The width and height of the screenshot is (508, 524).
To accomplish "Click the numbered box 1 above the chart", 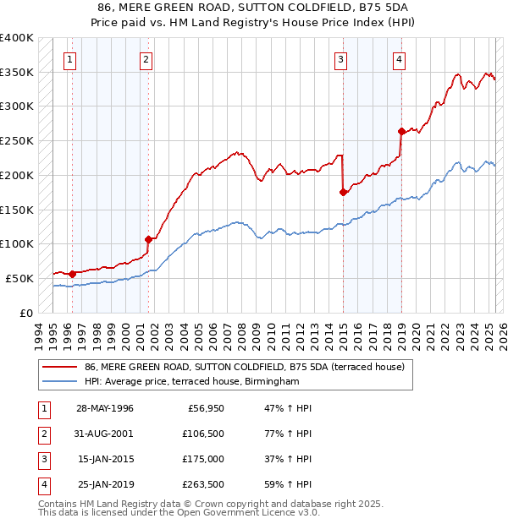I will click(x=69, y=59).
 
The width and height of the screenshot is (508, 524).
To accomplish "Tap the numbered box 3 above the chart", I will click(x=340, y=59).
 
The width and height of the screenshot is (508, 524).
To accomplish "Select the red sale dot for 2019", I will click(x=401, y=131).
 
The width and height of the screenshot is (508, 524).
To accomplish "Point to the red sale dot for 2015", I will click(x=343, y=192).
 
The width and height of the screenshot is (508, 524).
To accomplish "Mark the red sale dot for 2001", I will click(x=148, y=239).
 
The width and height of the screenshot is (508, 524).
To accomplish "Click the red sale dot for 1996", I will click(x=72, y=273).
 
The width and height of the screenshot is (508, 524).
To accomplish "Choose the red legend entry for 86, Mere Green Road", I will click(x=245, y=367).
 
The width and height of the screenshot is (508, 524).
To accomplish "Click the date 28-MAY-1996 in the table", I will click(x=104, y=408).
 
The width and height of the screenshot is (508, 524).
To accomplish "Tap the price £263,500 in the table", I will click(x=204, y=484).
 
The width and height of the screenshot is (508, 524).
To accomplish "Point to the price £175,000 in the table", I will click(x=204, y=459).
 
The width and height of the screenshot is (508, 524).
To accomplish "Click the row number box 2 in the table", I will click(x=41, y=434).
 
